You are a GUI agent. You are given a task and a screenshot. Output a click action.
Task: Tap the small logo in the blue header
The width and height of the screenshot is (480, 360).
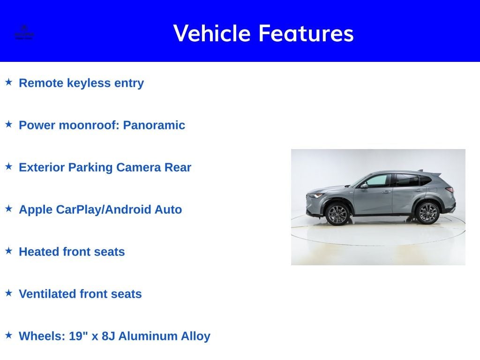[x=24, y=32]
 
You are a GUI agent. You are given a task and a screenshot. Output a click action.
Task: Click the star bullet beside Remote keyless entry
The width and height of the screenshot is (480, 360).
[x=8, y=82]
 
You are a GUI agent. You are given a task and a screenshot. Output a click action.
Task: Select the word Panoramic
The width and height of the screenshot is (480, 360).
[x=154, y=125]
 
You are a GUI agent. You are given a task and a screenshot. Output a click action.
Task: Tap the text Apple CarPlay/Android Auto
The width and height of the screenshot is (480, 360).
[x=100, y=210]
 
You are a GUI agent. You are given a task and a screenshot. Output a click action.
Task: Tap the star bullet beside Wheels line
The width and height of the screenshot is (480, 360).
[x=8, y=335]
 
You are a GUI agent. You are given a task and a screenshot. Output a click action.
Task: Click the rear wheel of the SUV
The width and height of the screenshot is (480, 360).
[x=427, y=213]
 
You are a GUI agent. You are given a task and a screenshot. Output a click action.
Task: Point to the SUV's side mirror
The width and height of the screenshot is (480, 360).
[x=364, y=186]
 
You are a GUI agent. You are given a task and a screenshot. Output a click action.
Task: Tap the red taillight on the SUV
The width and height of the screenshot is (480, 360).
[x=449, y=190]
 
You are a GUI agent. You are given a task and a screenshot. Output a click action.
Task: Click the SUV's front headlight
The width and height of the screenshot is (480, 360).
[x=314, y=195]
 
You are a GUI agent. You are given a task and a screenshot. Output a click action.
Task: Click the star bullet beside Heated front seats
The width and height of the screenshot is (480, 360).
[x=8, y=251]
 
